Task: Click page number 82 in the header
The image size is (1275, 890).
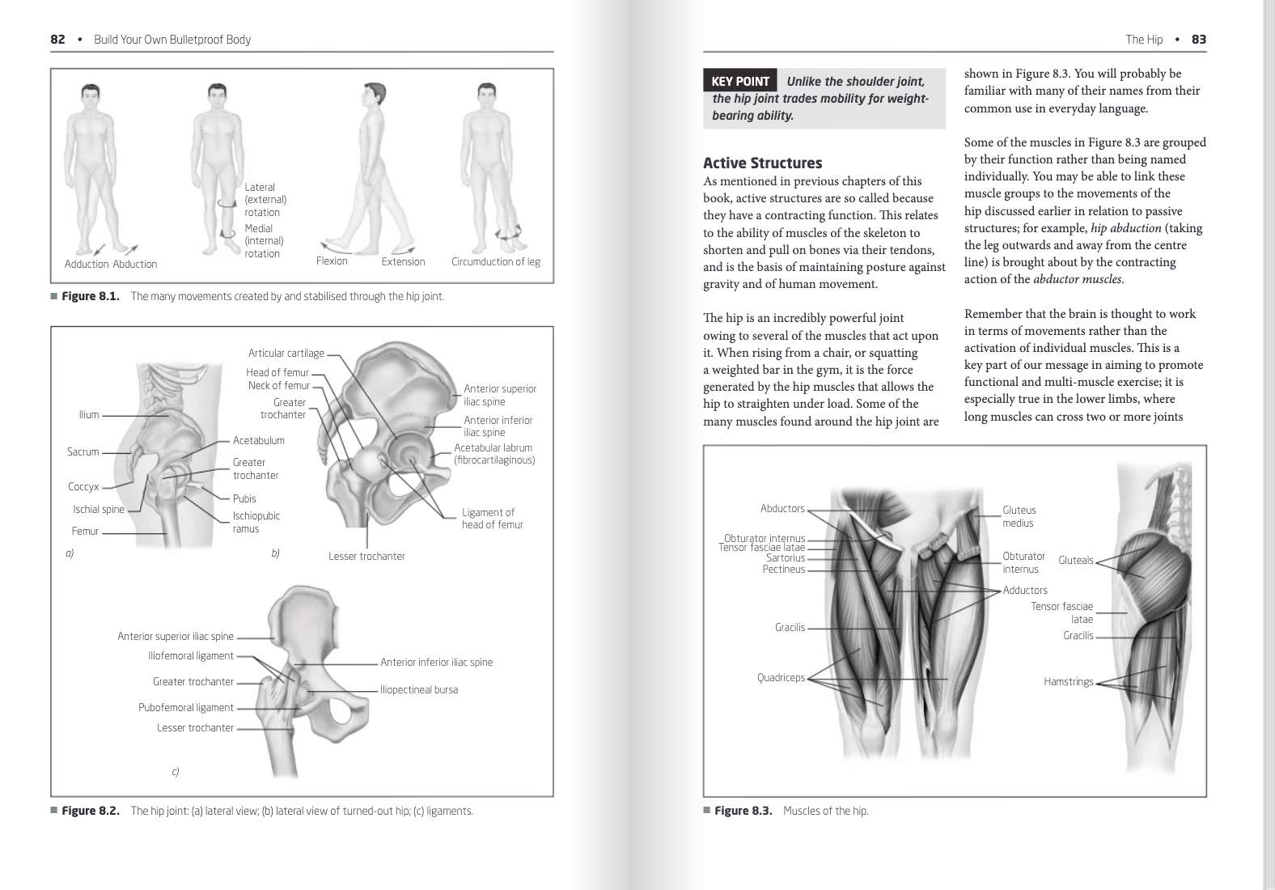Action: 57,40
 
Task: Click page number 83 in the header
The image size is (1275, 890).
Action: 1198,40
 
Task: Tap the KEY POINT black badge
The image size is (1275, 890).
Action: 740,81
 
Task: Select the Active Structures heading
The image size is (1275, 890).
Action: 762,163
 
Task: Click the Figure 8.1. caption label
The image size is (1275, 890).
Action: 91,296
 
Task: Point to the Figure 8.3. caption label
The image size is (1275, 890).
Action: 743,811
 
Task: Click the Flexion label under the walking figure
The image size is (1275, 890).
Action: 332,261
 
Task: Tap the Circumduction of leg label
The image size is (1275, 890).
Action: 495,261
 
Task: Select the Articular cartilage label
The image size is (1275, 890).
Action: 286,354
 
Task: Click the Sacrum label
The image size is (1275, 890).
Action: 83,451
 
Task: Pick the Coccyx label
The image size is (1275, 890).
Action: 83,486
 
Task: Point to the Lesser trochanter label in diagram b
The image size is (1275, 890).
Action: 366,556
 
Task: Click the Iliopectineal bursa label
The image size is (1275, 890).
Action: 418,690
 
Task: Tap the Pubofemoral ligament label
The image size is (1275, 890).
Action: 185,708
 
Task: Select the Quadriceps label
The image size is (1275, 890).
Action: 781,678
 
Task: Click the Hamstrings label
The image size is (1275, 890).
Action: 1068,682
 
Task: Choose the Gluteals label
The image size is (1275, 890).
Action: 1075,561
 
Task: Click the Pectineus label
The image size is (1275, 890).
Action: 783,570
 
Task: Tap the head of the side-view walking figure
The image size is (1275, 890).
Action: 374,95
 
